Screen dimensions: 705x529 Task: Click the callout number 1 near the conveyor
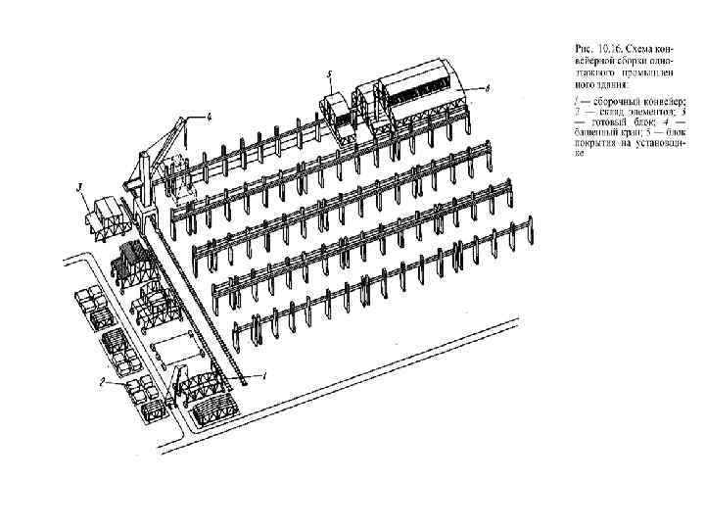tap(263, 375)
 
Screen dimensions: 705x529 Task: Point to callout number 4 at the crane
tap(208, 116)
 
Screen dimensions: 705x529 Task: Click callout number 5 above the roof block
tap(330, 73)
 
